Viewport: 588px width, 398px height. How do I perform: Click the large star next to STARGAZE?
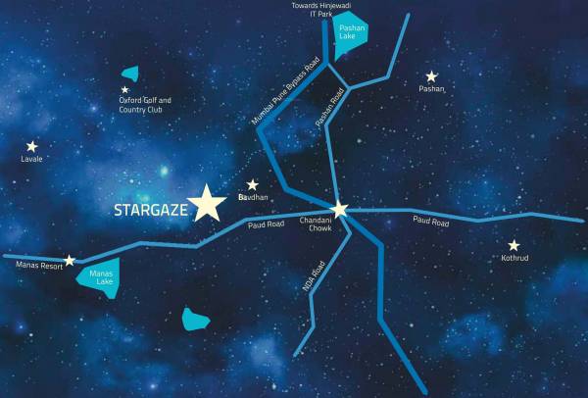[x=208, y=203]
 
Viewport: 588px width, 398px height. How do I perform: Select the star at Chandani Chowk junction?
[x=339, y=209]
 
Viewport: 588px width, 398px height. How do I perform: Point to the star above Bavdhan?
[x=252, y=184]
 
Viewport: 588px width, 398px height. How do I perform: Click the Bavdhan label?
[x=252, y=197]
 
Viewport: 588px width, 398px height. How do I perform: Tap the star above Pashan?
[x=431, y=76]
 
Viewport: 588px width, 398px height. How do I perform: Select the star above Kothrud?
[x=514, y=245]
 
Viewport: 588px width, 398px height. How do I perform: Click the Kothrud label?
[x=514, y=261]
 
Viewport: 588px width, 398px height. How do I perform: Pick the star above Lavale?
[x=32, y=146]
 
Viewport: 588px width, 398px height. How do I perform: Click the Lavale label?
[x=32, y=159]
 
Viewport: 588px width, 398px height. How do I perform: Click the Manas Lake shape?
[x=99, y=276]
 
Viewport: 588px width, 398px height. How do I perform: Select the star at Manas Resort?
[x=70, y=260]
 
